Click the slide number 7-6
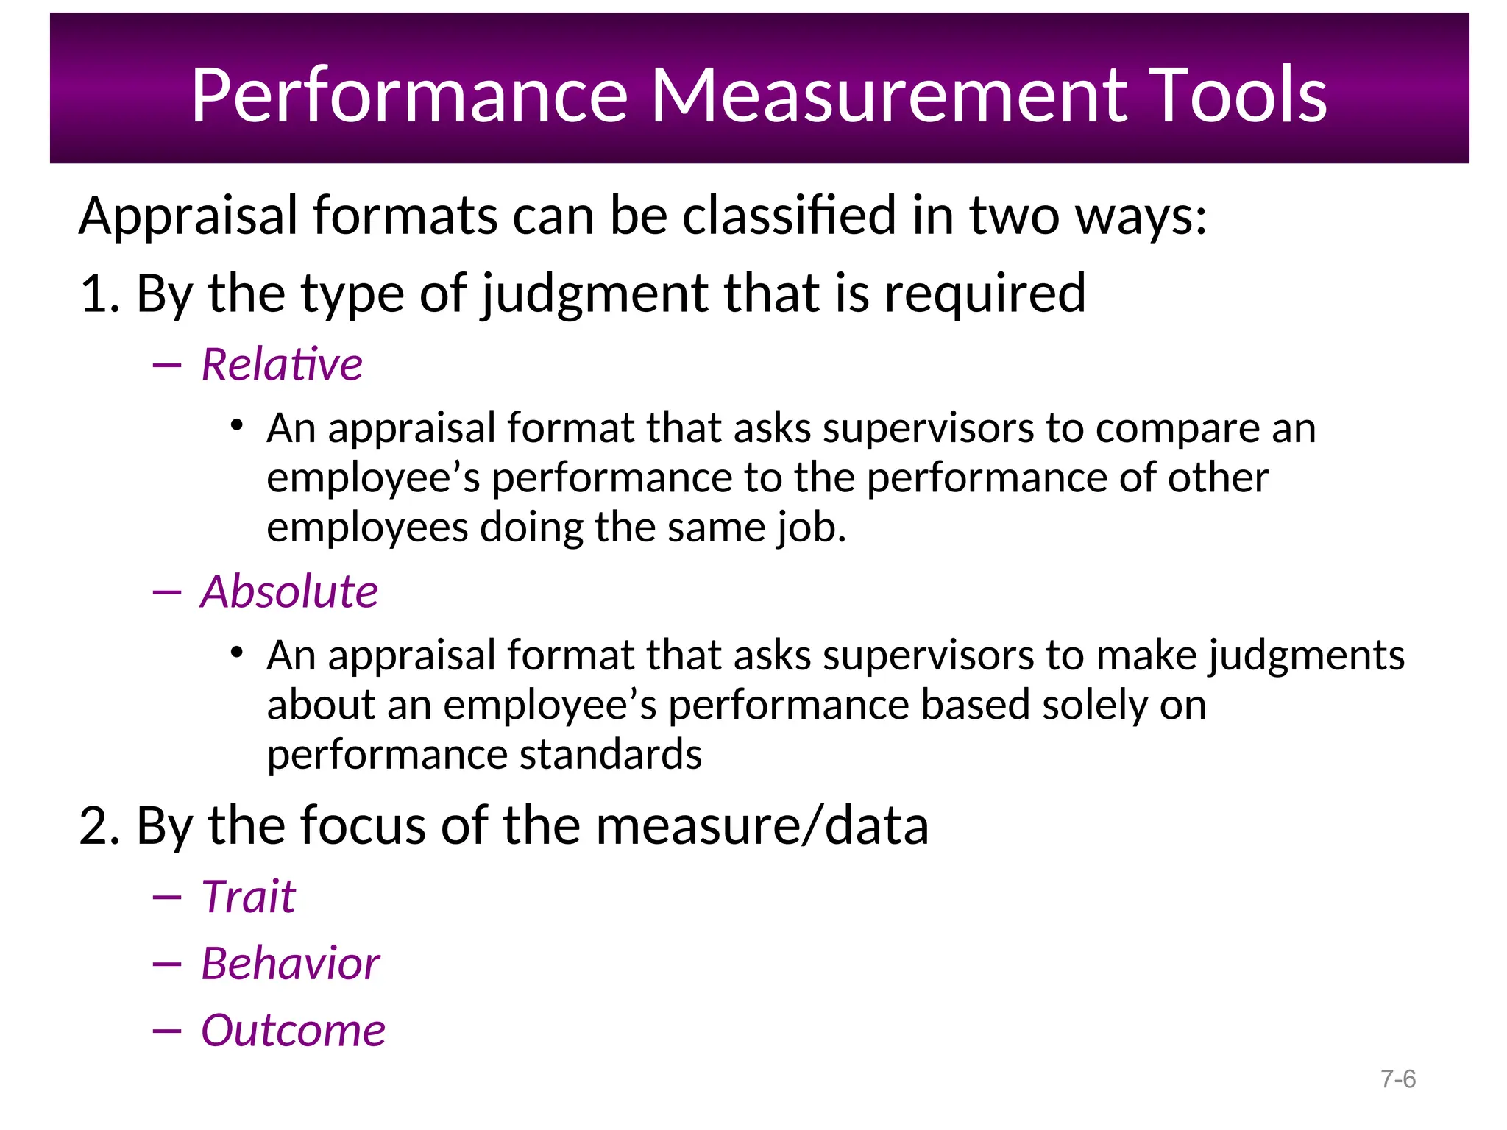point(1398,1079)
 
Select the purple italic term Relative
point(282,364)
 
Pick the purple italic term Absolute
point(289,591)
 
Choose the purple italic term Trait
point(249,897)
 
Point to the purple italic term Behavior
point(291,964)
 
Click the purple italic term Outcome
point(293,1030)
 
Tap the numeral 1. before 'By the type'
point(100,294)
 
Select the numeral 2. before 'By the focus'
point(100,825)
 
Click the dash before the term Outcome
point(167,1031)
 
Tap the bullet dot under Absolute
point(236,652)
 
